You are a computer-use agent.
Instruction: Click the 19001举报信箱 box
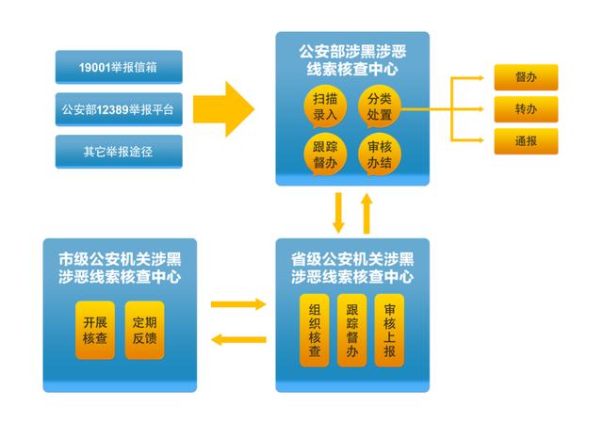coord(119,67)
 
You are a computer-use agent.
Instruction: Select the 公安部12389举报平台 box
coord(119,108)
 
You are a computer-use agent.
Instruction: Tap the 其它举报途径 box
coord(119,150)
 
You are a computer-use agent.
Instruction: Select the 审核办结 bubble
coord(380,155)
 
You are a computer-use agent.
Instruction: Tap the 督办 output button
coord(526,77)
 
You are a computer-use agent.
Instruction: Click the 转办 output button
coord(526,109)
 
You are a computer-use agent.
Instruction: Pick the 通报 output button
coord(526,141)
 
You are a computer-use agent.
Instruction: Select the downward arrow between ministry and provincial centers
coord(337,212)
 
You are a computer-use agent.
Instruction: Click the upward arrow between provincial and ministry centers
coord(367,212)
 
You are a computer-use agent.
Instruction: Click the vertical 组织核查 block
coord(315,330)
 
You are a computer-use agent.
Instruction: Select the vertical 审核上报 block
coord(389,330)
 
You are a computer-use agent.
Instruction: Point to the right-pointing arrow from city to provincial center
coord(237,304)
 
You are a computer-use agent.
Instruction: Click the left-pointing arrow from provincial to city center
coord(237,339)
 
